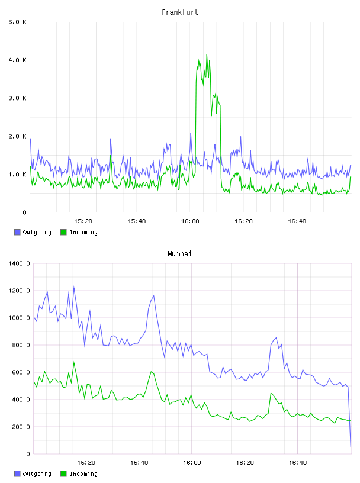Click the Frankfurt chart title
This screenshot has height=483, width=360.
click(x=180, y=12)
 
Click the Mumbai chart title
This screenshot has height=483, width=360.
click(x=179, y=254)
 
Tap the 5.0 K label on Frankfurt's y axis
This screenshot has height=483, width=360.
click(x=18, y=22)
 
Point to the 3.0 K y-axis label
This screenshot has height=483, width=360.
click(x=18, y=98)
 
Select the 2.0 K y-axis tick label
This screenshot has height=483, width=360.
click(x=18, y=137)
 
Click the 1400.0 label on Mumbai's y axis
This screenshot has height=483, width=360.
click(x=19, y=263)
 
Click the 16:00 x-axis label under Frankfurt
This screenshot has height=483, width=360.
click(x=190, y=221)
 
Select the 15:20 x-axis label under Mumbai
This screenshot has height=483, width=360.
click(x=86, y=463)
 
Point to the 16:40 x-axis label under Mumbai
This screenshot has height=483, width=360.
click(x=298, y=463)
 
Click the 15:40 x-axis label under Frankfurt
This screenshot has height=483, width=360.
click(x=137, y=221)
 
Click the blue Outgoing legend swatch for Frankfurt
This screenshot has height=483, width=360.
click(x=17, y=232)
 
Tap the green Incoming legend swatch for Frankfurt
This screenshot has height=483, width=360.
click(x=63, y=232)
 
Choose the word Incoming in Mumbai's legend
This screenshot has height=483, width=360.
click(x=83, y=474)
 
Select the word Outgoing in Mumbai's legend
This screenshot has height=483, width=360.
click(x=37, y=474)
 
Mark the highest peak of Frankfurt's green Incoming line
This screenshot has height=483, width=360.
click(x=207, y=55)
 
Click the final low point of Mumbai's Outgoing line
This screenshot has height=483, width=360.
click(x=351, y=447)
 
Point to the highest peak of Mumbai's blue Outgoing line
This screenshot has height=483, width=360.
click(x=73, y=287)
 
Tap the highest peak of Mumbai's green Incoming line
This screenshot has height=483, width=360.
click(x=73, y=362)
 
